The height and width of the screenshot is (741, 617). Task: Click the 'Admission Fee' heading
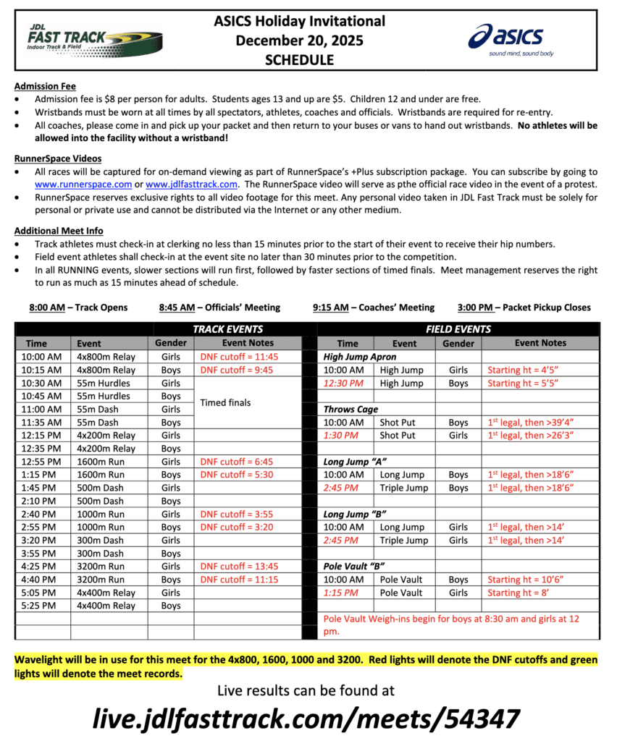45,86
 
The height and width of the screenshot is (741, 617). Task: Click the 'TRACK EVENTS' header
227,329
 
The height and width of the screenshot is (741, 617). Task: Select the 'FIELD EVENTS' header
457,329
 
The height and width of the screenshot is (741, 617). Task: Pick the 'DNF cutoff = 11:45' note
239,357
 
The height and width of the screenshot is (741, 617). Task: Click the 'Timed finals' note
224,402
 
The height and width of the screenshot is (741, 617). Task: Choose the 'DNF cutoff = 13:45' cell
239,566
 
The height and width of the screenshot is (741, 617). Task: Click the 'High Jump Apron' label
360,357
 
